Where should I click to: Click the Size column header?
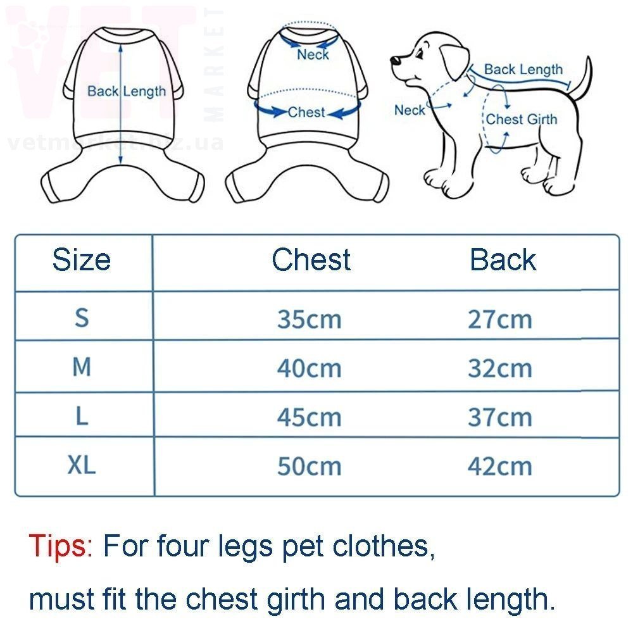click(82, 260)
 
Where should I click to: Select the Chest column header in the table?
click(311, 260)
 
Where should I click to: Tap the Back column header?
click(503, 260)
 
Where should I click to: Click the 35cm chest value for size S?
click(310, 319)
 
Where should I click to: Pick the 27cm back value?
click(500, 319)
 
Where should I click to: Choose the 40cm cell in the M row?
click(310, 368)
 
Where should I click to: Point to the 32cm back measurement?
click(500, 368)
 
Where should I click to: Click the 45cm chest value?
click(310, 417)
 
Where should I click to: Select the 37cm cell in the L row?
click(500, 417)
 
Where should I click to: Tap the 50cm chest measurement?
click(310, 467)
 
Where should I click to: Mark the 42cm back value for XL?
click(500, 467)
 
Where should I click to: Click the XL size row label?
click(82, 465)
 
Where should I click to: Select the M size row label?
click(82, 367)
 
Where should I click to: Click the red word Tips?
click(61, 546)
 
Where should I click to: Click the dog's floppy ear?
click(454, 61)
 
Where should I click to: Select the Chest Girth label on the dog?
click(521, 120)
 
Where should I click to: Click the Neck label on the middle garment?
click(313, 54)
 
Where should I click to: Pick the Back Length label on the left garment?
click(127, 92)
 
